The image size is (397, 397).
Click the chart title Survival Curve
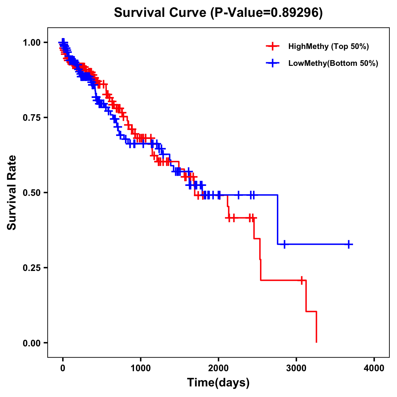pos(218,13)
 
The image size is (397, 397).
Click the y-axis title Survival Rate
pos(12,193)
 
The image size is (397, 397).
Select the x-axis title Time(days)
pos(218,382)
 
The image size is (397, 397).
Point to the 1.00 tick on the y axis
pos(32,42)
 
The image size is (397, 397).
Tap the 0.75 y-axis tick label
pos(32,117)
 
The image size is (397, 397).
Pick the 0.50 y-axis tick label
pos(32,193)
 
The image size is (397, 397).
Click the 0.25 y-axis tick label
pos(32,268)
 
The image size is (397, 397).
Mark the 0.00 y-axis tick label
pos(32,343)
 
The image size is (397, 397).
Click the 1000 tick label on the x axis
pos(141,368)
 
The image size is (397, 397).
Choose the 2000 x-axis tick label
pos(218,368)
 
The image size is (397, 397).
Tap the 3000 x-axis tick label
pos(296,368)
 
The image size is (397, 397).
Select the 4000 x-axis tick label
pos(374,368)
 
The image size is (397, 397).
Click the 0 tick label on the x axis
pos(63,368)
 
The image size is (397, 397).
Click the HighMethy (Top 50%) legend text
pos(329,46)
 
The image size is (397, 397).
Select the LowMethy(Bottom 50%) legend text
pos(333,63)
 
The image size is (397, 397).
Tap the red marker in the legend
pos(272,46)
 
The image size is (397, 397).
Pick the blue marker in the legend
pos(272,63)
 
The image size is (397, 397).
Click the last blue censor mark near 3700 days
pos(349,244)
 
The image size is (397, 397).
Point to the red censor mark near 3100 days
pos(301,280)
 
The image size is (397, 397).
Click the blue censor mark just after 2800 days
pos(284,244)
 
